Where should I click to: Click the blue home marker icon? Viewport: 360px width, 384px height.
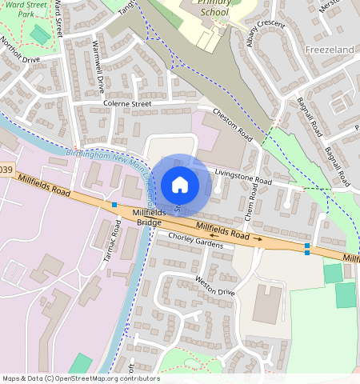pos(180,185)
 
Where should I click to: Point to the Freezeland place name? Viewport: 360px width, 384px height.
pos(329,49)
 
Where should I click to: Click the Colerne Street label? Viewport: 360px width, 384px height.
pos(126,103)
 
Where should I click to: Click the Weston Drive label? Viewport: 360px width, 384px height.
pos(214,286)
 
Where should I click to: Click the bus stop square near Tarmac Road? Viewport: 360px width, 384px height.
pos(114,206)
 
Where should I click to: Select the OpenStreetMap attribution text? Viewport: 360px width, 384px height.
pos(81,378)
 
